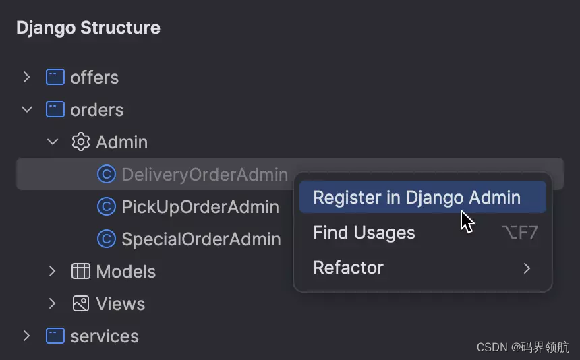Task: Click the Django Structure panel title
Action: coord(88,28)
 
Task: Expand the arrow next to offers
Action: coord(26,77)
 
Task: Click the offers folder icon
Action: coord(55,77)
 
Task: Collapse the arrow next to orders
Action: coord(26,109)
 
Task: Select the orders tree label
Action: coord(96,109)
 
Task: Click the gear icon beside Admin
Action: coord(81,142)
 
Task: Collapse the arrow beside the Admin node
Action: coord(53,142)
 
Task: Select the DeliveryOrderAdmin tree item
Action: coord(204,175)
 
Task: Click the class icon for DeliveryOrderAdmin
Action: coord(107,175)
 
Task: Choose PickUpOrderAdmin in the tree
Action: coord(200,207)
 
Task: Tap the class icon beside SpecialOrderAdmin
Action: coord(107,239)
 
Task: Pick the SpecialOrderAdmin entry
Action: coord(201,239)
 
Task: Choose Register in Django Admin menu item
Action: coord(417,198)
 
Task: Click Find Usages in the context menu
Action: coord(364,233)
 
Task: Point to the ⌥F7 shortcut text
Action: coord(519,233)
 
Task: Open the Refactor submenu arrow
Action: coord(527,268)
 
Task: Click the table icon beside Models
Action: coord(81,272)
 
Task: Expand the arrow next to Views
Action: coord(53,304)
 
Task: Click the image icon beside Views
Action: coord(81,304)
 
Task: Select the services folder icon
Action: coord(55,336)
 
